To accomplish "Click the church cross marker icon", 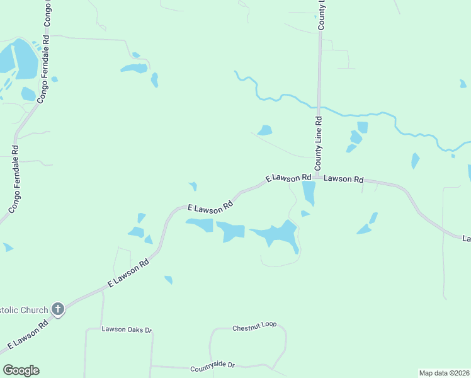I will (58, 309).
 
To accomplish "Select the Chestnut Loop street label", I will (254, 327).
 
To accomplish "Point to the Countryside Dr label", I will (212, 365).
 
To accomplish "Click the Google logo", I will (21, 370).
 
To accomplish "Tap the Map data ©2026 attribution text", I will (444, 373).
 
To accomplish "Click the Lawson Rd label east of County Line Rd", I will (344, 179).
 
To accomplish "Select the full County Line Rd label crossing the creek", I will (319, 143).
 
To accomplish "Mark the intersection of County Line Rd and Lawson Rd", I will (318, 176).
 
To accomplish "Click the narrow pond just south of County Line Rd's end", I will (309, 193).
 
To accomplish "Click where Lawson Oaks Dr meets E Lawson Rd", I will (102, 290).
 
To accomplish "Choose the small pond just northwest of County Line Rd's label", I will (265, 130).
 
